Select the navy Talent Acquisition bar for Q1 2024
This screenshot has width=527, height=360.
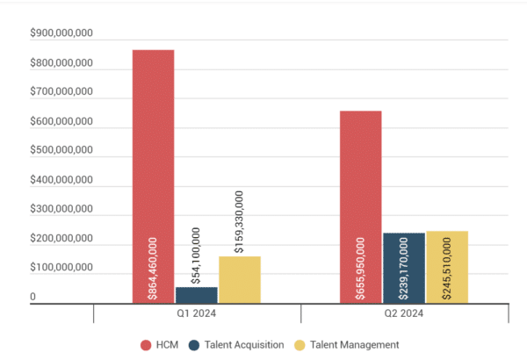point(196,295)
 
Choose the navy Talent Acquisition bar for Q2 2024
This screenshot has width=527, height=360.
point(403,255)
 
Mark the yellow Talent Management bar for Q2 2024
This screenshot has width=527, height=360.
point(446,255)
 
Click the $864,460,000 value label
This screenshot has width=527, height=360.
point(153,269)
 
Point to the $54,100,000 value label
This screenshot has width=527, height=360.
point(196,255)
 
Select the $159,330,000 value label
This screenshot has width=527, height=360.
point(239,223)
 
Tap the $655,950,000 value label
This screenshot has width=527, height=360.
point(360,269)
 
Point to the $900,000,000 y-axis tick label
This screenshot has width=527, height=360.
point(61,33)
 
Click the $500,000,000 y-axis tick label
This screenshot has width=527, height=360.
point(61,150)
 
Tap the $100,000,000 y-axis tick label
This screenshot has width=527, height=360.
point(61,268)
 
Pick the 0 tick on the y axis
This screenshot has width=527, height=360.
point(33,297)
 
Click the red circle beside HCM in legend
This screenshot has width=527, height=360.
point(146,345)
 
